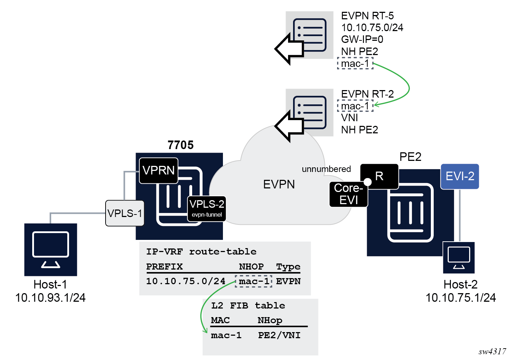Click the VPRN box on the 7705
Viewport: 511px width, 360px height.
pos(159,171)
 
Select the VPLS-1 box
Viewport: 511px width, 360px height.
pos(125,213)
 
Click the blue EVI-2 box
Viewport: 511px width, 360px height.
pos(460,176)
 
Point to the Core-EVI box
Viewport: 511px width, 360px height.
pos(349,194)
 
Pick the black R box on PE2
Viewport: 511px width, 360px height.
pos(380,176)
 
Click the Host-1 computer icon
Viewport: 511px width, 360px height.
pos(51,250)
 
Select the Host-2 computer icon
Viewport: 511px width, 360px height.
pos(459,258)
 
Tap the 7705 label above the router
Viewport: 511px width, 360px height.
pos(180,145)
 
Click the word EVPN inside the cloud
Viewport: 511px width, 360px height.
pos(279,184)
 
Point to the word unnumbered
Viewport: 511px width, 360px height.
pos(326,169)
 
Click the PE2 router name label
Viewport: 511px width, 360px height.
pos(410,157)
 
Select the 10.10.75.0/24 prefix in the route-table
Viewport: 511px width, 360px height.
pos(186,281)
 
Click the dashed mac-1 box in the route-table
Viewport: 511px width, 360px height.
pos(254,281)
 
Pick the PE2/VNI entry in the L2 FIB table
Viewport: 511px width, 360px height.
pos(279,335)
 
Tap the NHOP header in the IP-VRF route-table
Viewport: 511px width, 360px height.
pos(251,267)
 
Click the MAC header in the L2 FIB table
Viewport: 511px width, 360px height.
pos(220,320)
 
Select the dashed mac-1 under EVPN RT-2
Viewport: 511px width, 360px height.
pos(355,106)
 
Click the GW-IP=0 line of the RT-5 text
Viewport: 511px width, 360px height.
pos(362,39)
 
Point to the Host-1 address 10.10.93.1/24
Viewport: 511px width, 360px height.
pos(50,298)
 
